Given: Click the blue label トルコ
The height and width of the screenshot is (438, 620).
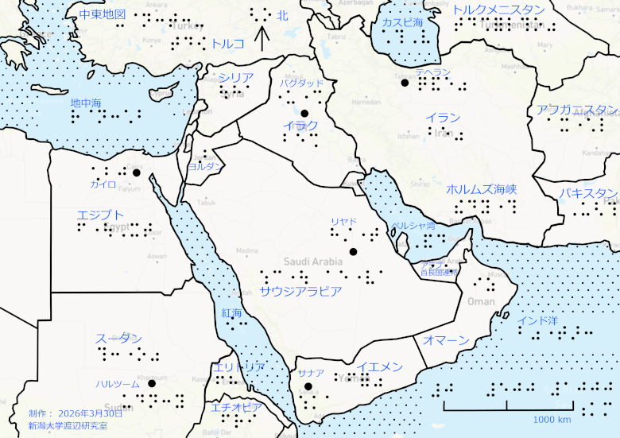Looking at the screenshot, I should click(x=228, y=44).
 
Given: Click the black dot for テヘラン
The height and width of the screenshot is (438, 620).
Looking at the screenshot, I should click(x=405, y=83).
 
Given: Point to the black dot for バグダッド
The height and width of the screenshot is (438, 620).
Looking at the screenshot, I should click(x=304, y=113).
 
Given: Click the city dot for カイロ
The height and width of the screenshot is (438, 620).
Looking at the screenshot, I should click(x=136, y=172).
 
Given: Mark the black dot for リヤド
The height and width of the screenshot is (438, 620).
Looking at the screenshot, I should click(x=353, y=252).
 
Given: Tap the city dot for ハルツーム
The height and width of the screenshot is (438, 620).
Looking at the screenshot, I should click(x=151, y=383).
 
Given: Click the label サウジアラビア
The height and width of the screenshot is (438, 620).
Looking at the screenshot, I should click(x=300, y=291).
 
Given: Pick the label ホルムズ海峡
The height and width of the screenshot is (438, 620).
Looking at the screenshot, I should click(x=482, y=189).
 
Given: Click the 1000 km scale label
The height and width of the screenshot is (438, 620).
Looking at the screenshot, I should click(x=552, y=420).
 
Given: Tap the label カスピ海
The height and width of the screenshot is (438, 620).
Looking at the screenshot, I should click(x=402, y=22).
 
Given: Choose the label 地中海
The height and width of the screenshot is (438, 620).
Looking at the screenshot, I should click(x=86, y=103).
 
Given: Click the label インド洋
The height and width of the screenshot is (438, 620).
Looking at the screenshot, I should click(x=537, y=321).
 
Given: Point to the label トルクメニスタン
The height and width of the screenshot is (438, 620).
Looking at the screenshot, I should click(x=498, y=10).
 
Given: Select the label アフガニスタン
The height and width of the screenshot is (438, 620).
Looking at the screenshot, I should click(x=577, y=110).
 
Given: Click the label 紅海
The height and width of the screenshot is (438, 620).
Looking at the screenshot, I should click(x=232, y=313).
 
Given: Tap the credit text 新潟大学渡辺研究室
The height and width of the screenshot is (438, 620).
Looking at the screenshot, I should click(x=68, y=425).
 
